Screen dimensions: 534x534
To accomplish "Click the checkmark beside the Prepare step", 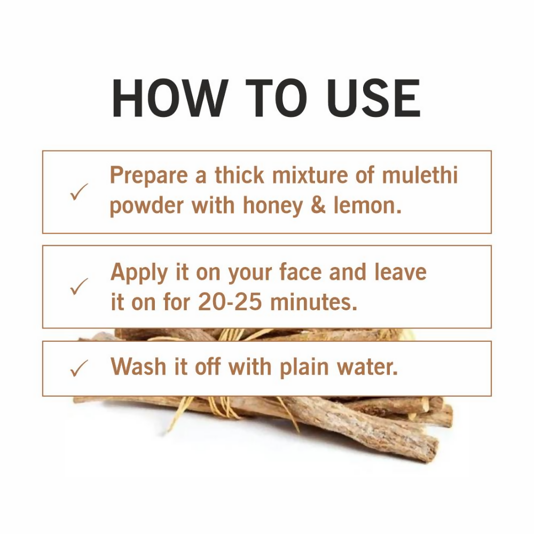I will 79,192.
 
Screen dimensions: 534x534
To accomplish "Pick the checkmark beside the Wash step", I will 79,368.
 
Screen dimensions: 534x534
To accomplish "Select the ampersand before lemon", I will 318,206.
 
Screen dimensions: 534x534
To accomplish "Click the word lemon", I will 367,206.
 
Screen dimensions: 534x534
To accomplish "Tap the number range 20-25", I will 230,303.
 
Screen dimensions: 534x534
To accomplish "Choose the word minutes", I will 313,303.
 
